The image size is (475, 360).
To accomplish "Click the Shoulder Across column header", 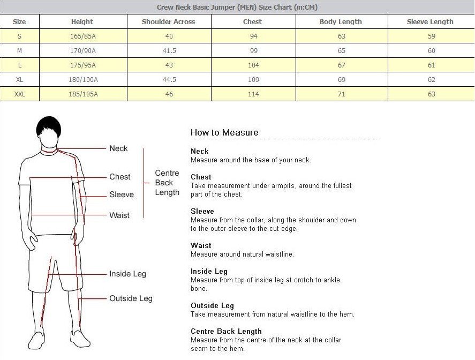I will pyautogui.click(x=168, y=22).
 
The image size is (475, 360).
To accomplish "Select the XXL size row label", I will pyautogui.click(x=19, y=94).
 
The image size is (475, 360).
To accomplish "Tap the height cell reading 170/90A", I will pyautogui.click(x=82, y=51).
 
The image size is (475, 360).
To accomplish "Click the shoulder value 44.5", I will pyautogui.click(x=169, y=80).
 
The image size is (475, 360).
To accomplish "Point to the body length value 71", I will pyautogui.click(x=341, y=94).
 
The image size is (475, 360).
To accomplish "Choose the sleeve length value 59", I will pyautogui.click(x=431, y=36).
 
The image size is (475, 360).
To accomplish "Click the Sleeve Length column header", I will pyautogui.click(x=430, y=22).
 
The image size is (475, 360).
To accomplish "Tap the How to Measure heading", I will pyautogui.click(x=224, y=132).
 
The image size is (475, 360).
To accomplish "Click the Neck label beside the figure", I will pyautogui.click(x=118, y=148).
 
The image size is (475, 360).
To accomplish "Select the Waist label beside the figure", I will pyautogui.click(x=119, y=215).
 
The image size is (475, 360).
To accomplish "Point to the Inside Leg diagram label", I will pyautogui.click(x=127, y=274).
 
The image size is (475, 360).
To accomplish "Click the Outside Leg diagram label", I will pyautogui.click(x=131, y=298).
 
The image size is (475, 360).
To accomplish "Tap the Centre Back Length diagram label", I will pyautogui.click(x=167, y=183).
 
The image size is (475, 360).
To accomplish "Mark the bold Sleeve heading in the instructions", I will pyautogui.click(x=202, y=211).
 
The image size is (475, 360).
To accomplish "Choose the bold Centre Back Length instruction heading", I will pyautogui.click(x=226, y=331).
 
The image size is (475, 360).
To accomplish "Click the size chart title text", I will pyautogui.click(x=237, y=7).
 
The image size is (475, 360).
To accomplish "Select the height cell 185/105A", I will pyautogui.click(x=82, y=94).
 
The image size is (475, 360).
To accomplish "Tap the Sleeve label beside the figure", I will pyautogui.click(x=122, y=194).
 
